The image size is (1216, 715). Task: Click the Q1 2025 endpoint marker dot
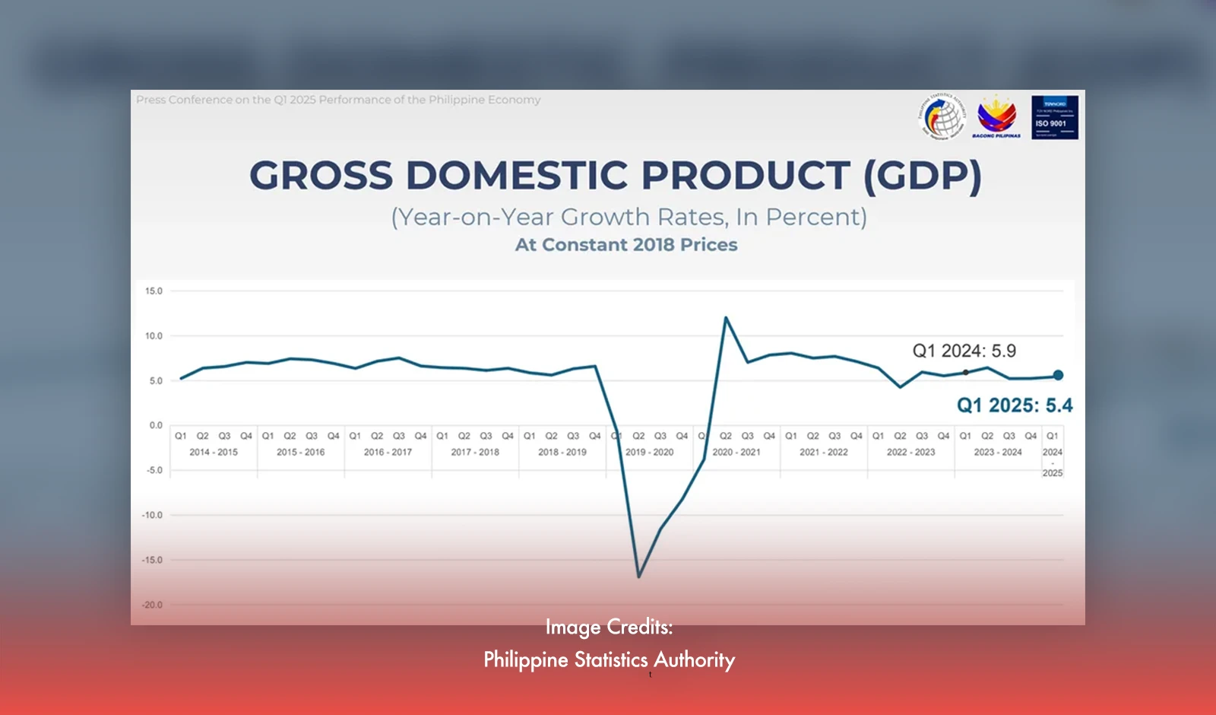pos(1058,375)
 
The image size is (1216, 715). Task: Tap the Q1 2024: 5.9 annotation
pos(964,351)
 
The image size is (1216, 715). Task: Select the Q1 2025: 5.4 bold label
pos(1014,405)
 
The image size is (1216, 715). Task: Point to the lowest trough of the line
pos(638,577)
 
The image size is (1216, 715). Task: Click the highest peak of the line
pos(726,318)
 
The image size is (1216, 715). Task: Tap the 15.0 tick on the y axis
pos(154,291)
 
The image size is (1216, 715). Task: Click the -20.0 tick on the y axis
pos(152,605)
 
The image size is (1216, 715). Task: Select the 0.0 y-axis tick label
pos(155,425)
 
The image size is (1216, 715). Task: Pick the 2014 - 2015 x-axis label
pos(214,452)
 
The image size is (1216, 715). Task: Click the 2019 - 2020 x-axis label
pos(649,452)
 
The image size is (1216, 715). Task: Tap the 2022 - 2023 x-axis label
pos(910,452)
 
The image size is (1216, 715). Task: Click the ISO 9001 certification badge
pos(1054,117)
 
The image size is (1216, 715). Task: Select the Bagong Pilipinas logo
pos(996,116)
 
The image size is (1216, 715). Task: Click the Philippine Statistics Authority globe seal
pos(942,116)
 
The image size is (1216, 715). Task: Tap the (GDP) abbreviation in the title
pos(922,176)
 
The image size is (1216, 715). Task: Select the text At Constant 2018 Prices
pos(626,245)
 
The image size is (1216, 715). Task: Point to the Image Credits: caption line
pos(609,627)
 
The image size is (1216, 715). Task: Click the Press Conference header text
pos(338,100)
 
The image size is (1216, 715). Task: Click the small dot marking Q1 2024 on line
pos(965,372)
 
